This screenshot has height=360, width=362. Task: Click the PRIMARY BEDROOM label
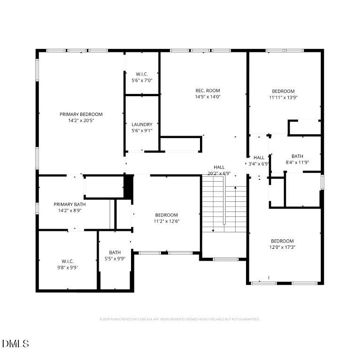point(81,114)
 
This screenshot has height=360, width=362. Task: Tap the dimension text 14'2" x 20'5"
point(81,121)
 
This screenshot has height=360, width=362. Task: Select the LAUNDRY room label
point(142,124)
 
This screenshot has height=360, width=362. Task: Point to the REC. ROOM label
point(208,91)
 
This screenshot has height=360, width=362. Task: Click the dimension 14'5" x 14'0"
point(208,97)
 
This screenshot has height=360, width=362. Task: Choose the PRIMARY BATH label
point(69,204)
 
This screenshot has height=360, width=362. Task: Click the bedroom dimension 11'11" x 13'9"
point(283,98)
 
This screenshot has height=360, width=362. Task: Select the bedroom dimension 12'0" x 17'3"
point(283,247)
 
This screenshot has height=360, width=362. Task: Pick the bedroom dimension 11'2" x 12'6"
point(167,221)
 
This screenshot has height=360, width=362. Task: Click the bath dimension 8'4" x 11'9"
point(297,163)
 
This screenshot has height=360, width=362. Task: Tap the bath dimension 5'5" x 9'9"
point(115,259)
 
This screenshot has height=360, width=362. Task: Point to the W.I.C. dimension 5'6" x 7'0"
point(142,80)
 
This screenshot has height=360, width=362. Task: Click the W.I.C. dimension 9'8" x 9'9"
point(68,268)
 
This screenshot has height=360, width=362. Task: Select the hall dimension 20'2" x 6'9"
point(219,173)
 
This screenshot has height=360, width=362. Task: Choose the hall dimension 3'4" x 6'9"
point(259,164)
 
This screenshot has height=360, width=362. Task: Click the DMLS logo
point(15,344)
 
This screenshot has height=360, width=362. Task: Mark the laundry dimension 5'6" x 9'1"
point(142,130)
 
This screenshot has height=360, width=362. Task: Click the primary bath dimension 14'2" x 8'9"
point(69,210)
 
